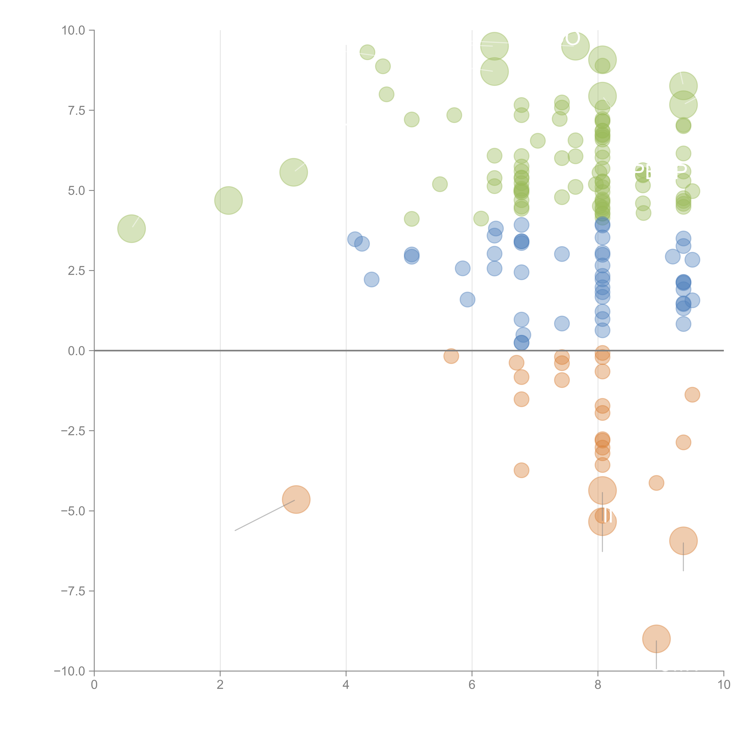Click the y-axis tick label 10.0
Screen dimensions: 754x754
click(73, 30)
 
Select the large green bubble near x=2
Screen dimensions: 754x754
click(228, 201)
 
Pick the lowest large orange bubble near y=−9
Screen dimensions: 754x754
click(656, 639)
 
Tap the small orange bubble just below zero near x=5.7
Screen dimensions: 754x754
click(451, 356)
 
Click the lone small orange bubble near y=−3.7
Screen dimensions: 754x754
click(521, 470)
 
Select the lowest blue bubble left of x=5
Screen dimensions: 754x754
click(372, 279)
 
